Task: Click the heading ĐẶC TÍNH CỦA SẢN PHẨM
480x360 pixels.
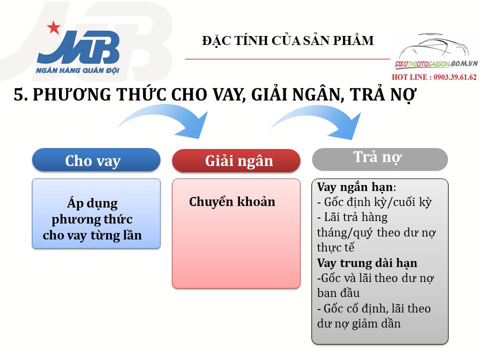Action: pyautogui.click(x=287, y=41)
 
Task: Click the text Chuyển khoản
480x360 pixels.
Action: pyautogui.click(x=232, y=202)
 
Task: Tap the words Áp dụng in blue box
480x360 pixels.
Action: pyautogui.click(x=92, y=203)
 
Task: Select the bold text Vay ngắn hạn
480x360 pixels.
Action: pyautogui.click(x=355, y=187)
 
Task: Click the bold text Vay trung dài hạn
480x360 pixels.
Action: pyautogui.click(x=367, y=263)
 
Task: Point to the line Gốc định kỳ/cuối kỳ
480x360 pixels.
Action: pyautogui.click(x=374, y=202)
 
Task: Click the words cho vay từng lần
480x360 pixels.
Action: pyautogui.click(x=92, y=235)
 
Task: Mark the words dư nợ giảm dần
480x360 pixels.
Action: pyautogui.click(x=359, y=323)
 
